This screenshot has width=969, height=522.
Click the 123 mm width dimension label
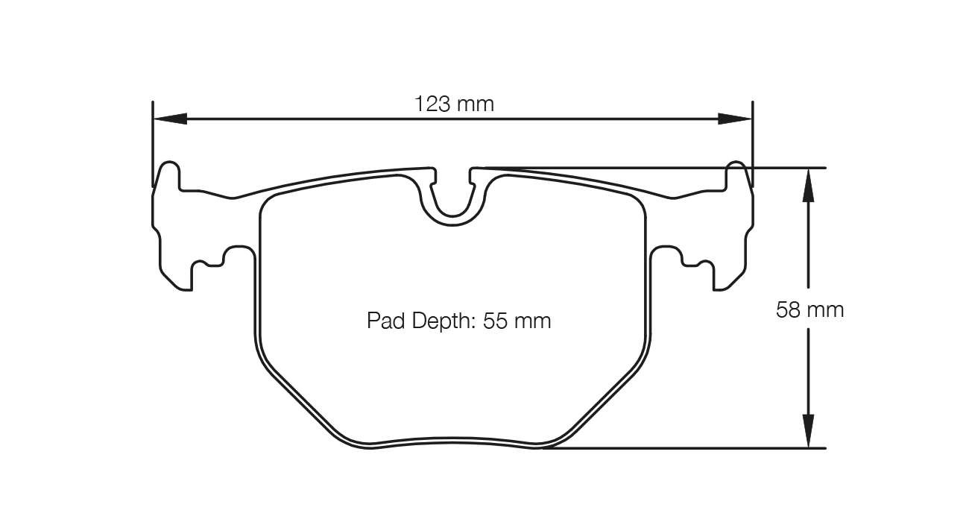click(454, 104)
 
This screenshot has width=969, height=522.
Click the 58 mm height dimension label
click(809, 309)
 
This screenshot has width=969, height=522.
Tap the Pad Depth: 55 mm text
click(458, 321)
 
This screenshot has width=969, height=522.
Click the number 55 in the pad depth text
click(496, 321)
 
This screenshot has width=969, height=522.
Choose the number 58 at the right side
click(788, 309)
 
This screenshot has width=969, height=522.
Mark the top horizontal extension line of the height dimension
click(671, 168)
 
